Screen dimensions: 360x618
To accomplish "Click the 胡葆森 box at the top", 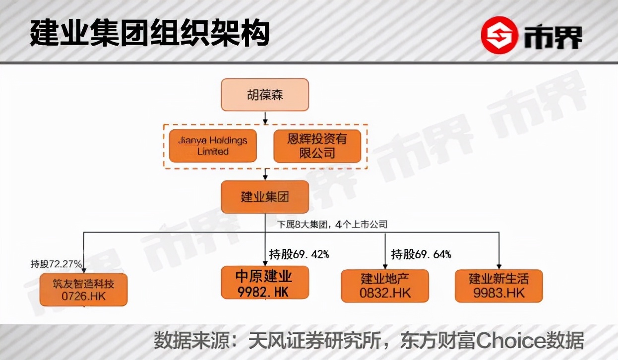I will click(x=265, y=95).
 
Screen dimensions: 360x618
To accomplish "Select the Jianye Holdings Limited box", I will click(x=213, y=146).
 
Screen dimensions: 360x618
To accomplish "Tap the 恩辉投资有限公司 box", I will click(x=317, y=146).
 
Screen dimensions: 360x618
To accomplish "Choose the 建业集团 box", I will click(x=265, y=197).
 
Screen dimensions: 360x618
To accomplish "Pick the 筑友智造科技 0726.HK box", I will click(x=83, y=290).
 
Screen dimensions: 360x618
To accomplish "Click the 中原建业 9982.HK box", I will click(x=264, y=283).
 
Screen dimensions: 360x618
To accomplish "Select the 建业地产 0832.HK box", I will click(x=385, y=286).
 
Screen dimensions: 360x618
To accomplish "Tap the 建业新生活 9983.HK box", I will click(x=498, y=286).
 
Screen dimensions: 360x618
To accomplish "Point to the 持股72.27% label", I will click(x=56, y=264).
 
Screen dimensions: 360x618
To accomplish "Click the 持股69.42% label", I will click(x=299, y=254).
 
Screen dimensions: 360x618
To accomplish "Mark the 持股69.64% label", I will click(x=421, y=254).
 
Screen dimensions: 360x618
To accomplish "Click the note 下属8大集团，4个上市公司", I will click(x=333, y=224).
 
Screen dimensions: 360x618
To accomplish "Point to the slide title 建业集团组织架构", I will click(x=149, y=34).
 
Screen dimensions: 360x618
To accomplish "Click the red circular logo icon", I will click(x=499, y=35).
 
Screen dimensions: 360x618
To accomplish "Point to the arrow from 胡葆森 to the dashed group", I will click(x=265, y=118).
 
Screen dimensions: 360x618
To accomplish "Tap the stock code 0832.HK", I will click(x=385, y=293).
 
